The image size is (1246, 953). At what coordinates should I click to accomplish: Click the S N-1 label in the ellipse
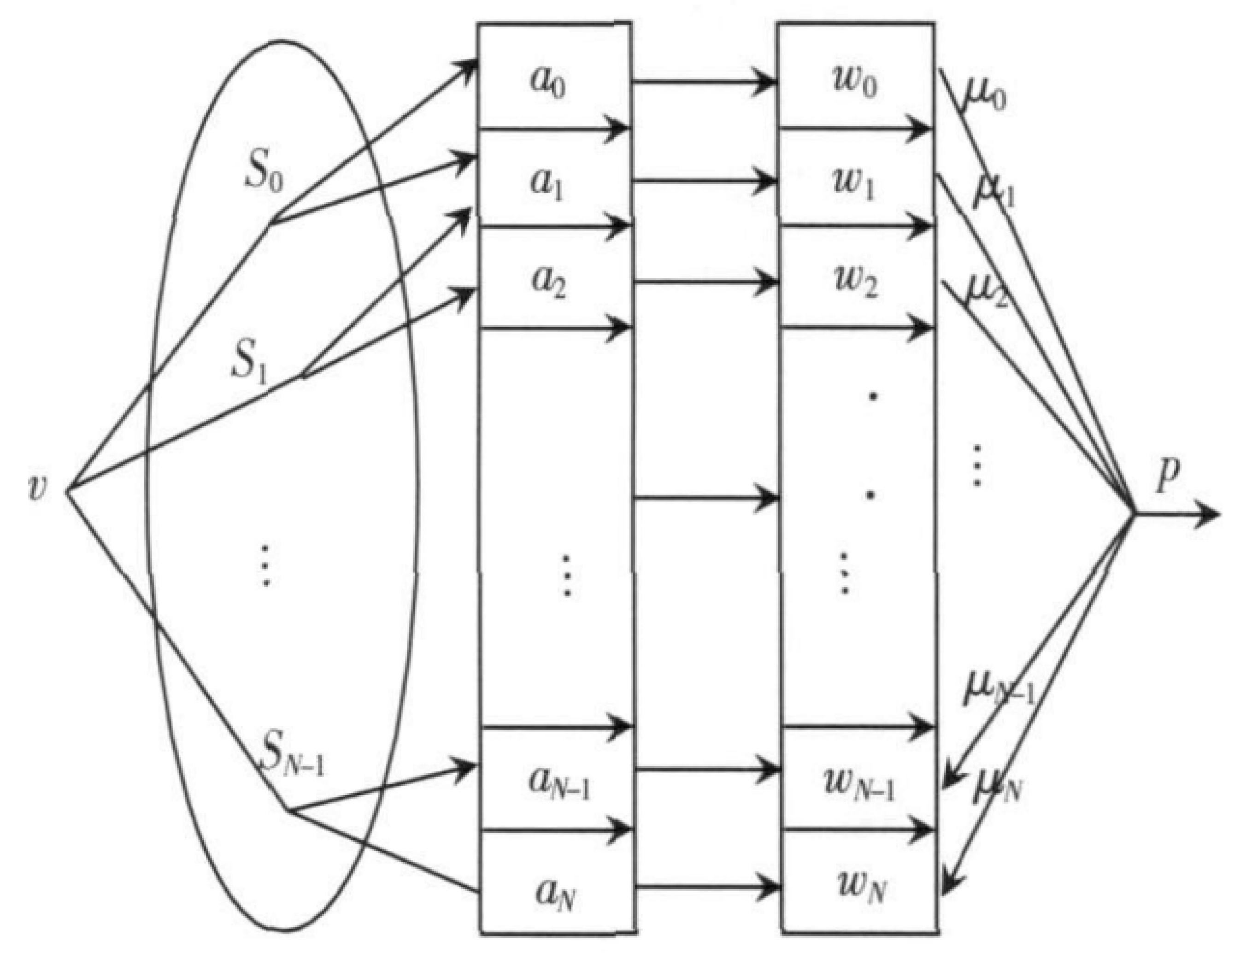point(293,757)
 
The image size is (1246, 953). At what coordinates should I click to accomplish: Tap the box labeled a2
point(554,281)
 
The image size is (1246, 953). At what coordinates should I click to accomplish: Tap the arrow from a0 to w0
point(703,82)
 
